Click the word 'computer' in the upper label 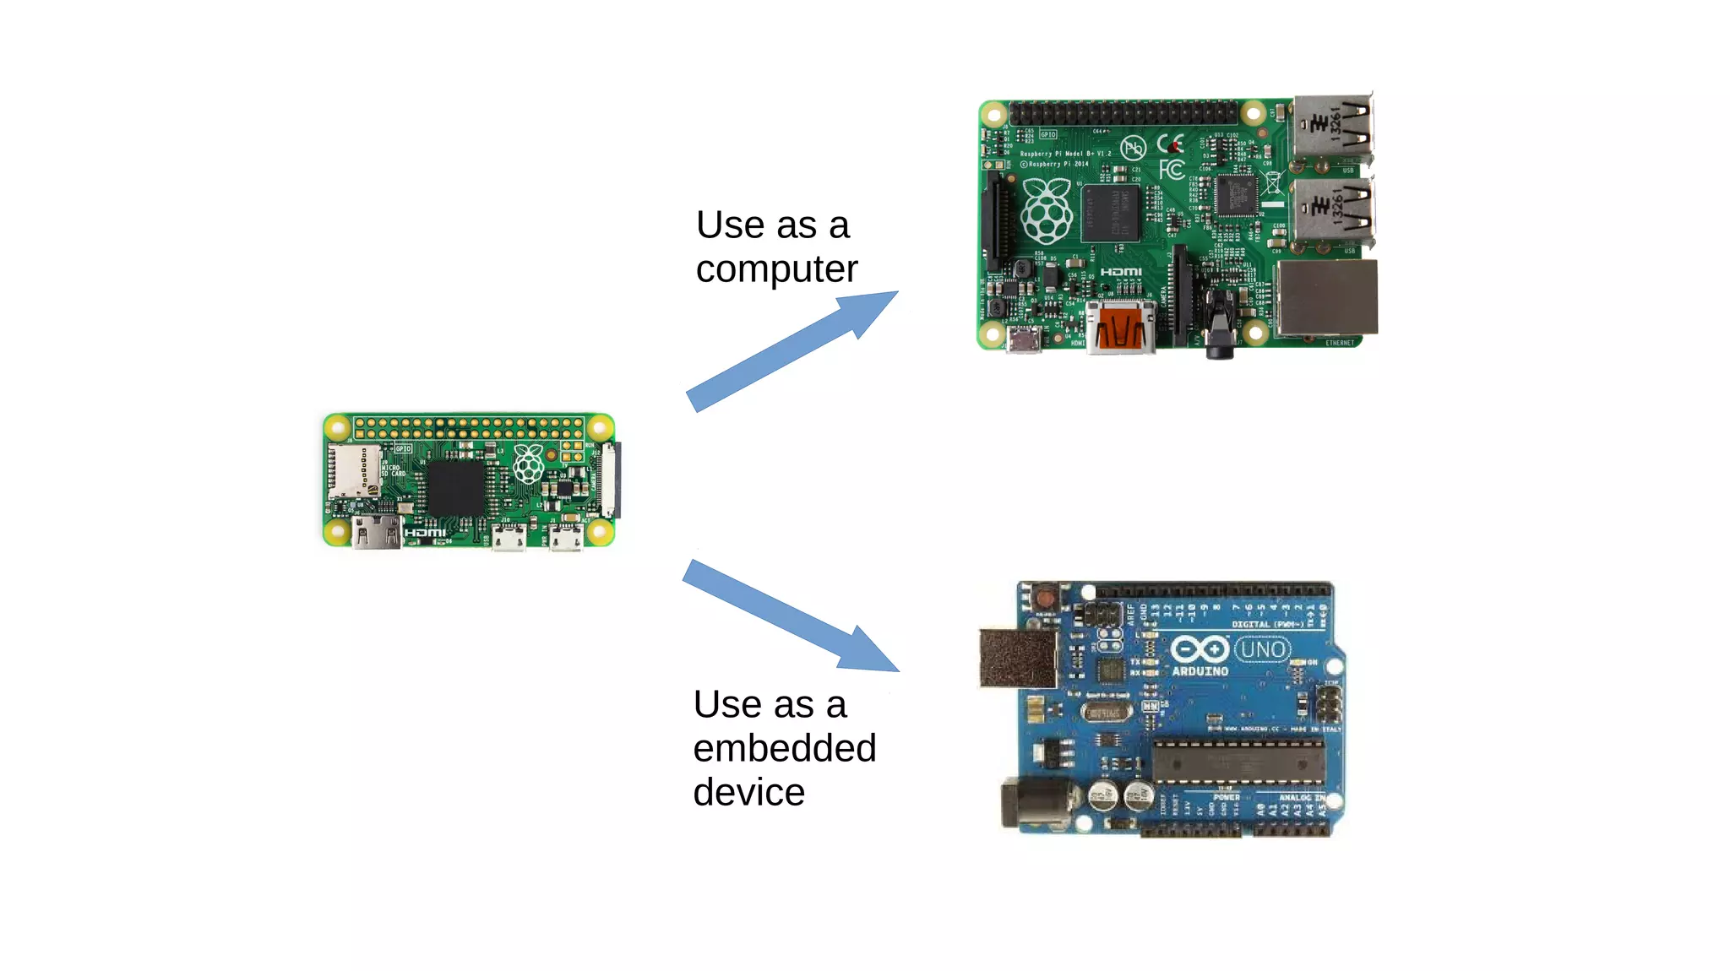tap(776, 270)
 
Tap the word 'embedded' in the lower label tap(784, 748)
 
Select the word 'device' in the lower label tap(748, 792)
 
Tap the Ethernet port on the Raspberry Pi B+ tap(1326, 297)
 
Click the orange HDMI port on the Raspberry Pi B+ tap(1121, 328)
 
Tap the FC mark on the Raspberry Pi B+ tap(1171, 170)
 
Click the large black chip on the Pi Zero tap(456, 488)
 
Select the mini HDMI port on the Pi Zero tap(377, 533)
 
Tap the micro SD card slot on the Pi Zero tap(354, 470)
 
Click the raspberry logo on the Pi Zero tap(529, 464)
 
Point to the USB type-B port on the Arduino tap(1018, 658)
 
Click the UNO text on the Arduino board tap(1263, 649)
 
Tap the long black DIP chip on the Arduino tap(1238, 760)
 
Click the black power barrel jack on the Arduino tap(1035, 801)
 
